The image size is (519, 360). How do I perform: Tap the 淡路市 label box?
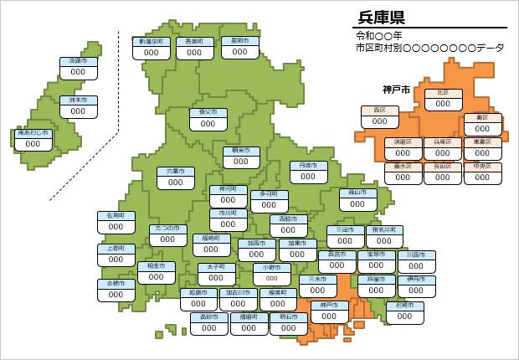tap(78, 61)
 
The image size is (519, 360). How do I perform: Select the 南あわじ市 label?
tap(33, 133)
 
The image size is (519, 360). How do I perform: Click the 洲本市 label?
tap(78, 100)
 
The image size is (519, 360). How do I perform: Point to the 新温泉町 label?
tap(152, 41)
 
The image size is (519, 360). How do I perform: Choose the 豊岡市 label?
tap(195, 41)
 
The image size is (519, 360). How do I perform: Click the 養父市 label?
tap(203, 111)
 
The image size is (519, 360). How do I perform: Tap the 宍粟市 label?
tap(176, 172)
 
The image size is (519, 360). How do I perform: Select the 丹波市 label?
tap(308, 165)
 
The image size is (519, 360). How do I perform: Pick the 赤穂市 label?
tap(116, 284)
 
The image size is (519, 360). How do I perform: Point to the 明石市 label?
tap(289, 317)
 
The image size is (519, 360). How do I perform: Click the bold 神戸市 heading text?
tap(396, 90)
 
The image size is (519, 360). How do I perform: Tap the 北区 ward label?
tap(443, 93)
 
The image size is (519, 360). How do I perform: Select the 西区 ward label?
tap(379, 111)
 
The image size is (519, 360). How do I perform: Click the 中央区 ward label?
tap(482, 166)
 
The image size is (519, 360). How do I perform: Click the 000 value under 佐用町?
tap(116, 227)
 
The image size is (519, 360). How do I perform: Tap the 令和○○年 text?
tap(379, 36)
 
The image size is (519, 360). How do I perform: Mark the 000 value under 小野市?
tap(271, 279)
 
